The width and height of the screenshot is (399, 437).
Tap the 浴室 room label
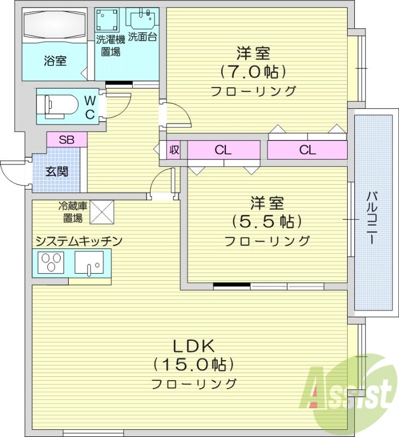point(55,61)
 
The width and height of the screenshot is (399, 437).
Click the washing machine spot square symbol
point(107,21)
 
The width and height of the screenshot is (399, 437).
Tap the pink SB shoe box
point(67,139)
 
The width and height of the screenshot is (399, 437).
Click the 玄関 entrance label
point(56,172)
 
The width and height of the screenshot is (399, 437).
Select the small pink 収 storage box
point(174,150)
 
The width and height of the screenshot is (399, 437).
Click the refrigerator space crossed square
point(102,212)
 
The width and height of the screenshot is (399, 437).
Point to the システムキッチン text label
point(79,241)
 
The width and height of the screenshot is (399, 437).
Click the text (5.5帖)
point(267,221)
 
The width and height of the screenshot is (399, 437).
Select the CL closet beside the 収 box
point(223,150)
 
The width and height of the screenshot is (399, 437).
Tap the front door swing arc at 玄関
point(12,174)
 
